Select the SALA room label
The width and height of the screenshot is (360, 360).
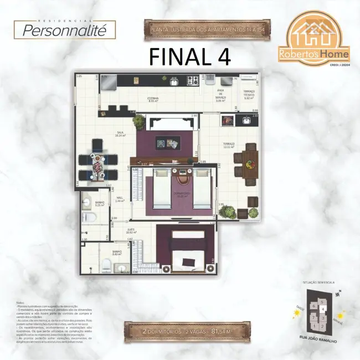coord(119,133)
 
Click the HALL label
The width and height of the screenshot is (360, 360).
coord(120,199)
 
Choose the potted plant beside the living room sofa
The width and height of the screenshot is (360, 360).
coord(138,121)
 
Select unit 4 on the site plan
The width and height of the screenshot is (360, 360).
coord(322,309)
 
